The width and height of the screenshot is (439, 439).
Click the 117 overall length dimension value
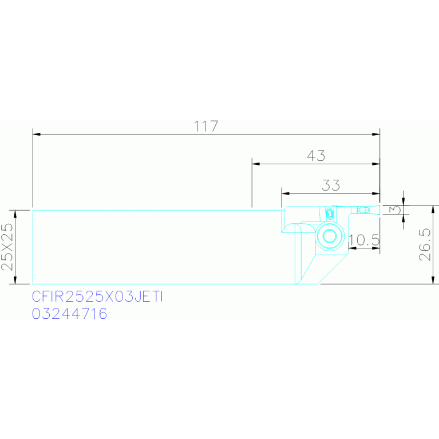click(x=206, y=126)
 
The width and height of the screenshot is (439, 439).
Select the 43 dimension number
click(x=316, y=156)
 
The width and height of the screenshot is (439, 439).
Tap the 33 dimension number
click(x=331, y=185)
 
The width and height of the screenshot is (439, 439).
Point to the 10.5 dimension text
click(x=364, y=240)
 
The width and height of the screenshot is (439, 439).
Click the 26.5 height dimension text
click(x=425, y=245)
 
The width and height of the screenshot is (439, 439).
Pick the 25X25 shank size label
click(x=7, y=247)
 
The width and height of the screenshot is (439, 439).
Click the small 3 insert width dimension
click(x=396, y=209)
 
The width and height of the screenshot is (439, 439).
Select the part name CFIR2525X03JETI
click(x=97, y=296)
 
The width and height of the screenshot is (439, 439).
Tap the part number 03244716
click(x=69, y=314)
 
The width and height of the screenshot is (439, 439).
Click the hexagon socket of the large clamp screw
click(x=330, y=236)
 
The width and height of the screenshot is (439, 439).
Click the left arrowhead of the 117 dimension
click(x=37, y=135)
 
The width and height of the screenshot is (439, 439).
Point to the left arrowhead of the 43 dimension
click(x=256, y=164)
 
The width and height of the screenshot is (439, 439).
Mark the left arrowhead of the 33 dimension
click(x=285, y=193)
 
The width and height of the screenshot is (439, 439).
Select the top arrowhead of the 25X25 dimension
click(x=15, y=214)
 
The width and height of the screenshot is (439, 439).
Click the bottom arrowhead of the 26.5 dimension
click(x=433, y=280)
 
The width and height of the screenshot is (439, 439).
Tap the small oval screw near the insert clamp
click(x=330, y=214)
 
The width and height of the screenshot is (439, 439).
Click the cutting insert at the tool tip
click(x=375, y=209)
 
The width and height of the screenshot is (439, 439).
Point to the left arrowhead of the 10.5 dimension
click(x=353, y=248)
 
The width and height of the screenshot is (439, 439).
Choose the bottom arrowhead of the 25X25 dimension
click(x=15, y=280)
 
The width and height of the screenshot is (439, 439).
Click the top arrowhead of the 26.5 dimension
click(x=433, y=209)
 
